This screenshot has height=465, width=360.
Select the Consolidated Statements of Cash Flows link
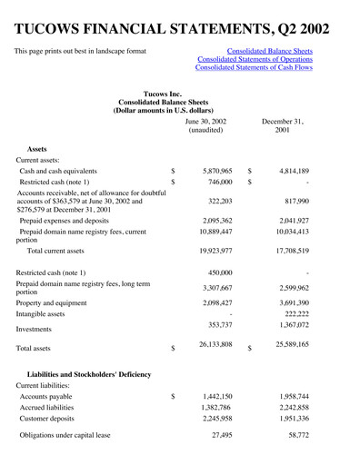coord(261,68)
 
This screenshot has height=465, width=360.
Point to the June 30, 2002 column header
coord(205,126)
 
